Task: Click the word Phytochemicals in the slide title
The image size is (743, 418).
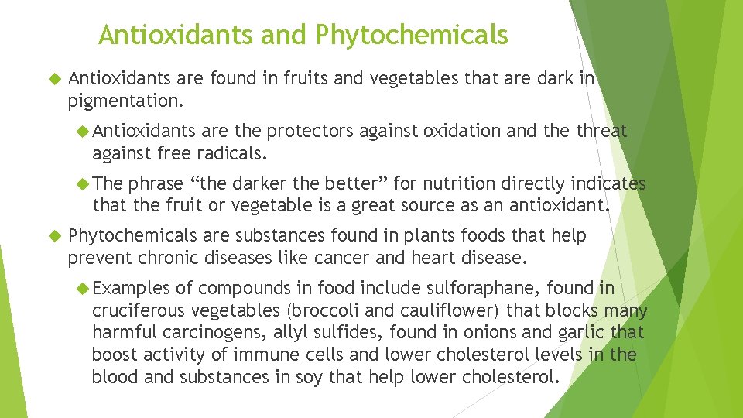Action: (x=412, y=35)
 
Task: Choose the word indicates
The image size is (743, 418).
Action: (x=608, y=184)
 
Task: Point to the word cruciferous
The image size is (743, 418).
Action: (x=135, y=310)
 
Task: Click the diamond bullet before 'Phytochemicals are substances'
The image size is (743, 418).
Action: (x=53, y=235)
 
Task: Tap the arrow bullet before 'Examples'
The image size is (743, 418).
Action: (x=84, y=289)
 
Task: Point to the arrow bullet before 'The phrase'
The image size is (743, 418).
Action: (x=84, y=184)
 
